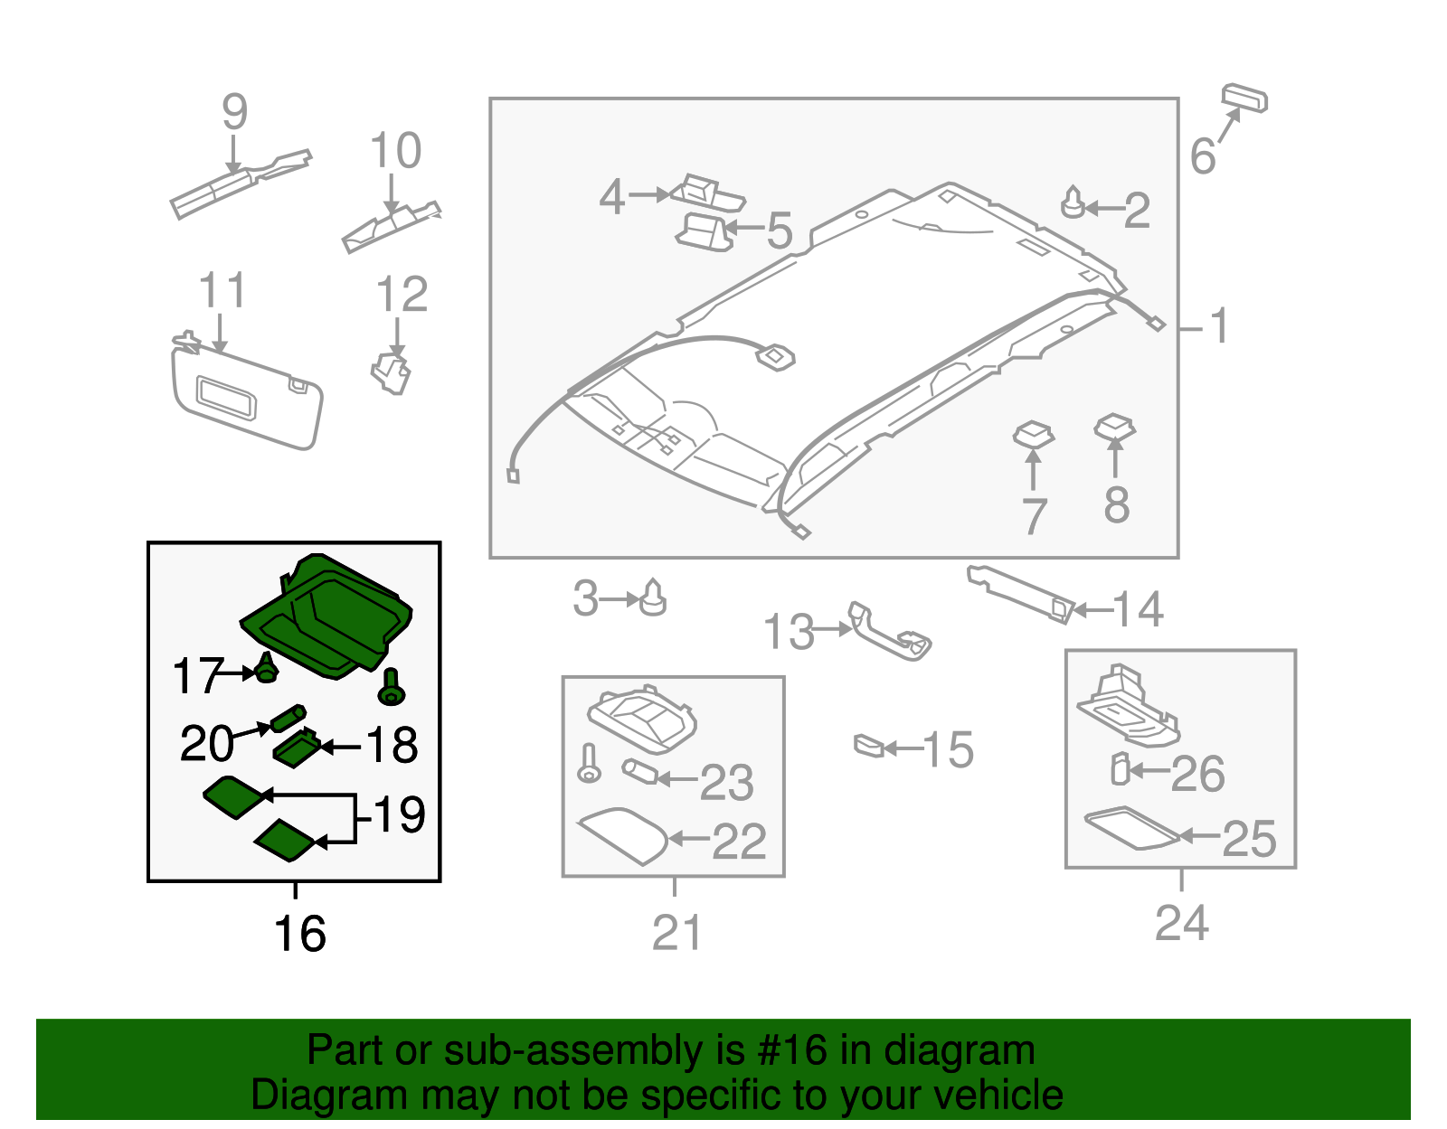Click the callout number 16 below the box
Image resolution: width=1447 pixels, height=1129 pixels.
(x=299, y=934)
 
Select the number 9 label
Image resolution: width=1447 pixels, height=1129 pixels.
(x=234, y=113)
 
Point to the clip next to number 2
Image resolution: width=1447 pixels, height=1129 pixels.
(x=1073, y=203)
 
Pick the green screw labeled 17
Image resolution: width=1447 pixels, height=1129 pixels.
(x=266, y=670)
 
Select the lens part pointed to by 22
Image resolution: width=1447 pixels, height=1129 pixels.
(x=623, y=835)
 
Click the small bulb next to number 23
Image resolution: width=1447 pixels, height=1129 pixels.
(x=638, y=773)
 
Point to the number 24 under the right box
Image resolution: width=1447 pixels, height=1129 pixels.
(x=1181, y=924)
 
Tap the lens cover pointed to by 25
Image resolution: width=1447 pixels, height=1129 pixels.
(x=1130, y=828)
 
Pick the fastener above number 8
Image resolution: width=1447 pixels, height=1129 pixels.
(x=1114, y=428)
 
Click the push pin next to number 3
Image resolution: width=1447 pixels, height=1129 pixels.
(x=653, y=598)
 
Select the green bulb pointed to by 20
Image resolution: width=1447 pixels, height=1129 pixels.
(x=288, y=719)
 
